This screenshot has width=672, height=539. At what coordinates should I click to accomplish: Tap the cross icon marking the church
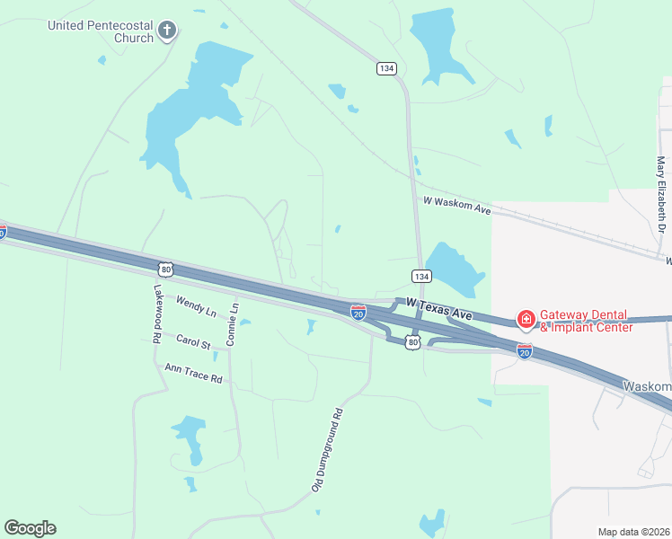click(166, 31)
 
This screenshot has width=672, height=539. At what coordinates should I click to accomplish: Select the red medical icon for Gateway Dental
click(525, 320)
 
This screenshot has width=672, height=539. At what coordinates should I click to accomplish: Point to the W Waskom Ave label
click(456, 206)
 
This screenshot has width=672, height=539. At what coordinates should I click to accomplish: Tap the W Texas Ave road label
click(438, 310)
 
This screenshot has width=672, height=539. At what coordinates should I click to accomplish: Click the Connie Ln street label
click(233, 324)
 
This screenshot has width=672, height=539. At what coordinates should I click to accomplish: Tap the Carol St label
click(193, 342)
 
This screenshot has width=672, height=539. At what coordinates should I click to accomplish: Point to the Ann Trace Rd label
click(193, 373)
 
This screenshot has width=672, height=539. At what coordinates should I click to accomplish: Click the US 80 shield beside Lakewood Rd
click(164, 269)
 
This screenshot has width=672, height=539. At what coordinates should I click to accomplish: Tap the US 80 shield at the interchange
click(412, 342)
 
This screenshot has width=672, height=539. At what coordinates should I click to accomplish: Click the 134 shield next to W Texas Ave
click(420, 275)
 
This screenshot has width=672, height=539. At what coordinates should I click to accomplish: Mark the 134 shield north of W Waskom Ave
click(386, 68)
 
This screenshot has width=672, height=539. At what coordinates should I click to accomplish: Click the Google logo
click(30, 528)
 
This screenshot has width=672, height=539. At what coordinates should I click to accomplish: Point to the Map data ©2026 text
click(634, 532)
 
